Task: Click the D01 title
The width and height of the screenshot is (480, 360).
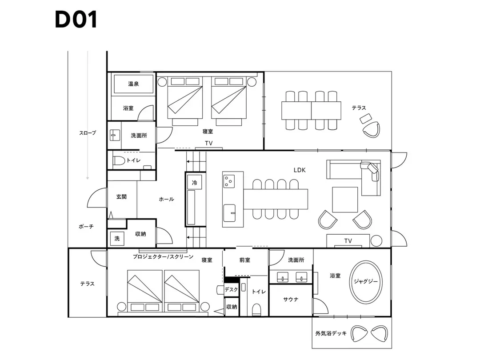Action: click(x=76, y=20)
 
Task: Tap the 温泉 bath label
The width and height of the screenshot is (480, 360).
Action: click(x=133, y=84)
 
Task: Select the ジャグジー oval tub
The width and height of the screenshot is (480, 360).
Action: click(x=366, y=282)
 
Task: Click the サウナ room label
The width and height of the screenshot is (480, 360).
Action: click(x=291, y=300)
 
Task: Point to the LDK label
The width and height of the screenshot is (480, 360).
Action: click(x=300, y=170)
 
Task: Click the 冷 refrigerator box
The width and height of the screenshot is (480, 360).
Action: click(x=194, y=183)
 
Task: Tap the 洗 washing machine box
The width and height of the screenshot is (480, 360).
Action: click(x=117, y=238)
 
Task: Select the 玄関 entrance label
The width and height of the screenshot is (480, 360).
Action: click(x=121, y=197)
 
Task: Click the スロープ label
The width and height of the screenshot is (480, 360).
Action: click(x=88, y=133)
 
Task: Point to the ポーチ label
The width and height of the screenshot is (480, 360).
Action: click(x=86, y=227)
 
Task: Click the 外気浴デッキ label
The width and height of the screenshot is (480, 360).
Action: click(x=331, y=333)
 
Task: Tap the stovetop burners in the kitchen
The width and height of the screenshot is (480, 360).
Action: click(x=229, y=181)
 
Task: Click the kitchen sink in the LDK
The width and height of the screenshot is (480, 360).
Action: click(x=229, y=213)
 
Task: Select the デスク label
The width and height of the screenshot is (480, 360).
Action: click(x=232, y=289)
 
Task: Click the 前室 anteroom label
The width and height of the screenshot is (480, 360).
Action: click(x=244, y=260)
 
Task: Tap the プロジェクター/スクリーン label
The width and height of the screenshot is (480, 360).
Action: click(x=163, y=257)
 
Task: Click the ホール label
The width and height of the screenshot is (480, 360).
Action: click(x=167, y=199)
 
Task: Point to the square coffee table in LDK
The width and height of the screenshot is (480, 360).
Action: click(x=345, y=200)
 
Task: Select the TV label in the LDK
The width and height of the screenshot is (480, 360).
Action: click(x=348, y=241)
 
